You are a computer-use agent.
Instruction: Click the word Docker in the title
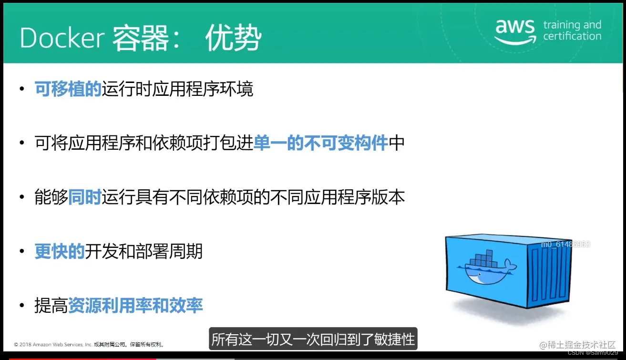point(62,38)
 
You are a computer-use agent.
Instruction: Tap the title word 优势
point(233,38)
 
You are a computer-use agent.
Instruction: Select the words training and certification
point(572,31)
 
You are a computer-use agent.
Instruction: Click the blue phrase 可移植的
point(68,89)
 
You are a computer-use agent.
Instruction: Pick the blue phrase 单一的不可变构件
point(320,143)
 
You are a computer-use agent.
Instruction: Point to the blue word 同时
point(84,197)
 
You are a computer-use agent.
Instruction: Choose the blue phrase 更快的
point(60,251)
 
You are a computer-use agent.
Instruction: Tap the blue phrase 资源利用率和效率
point(135,306)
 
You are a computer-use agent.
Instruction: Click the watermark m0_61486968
point(565,244)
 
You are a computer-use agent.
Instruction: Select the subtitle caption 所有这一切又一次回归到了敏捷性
point(313,339)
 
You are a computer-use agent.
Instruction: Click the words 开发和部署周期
point(144,251)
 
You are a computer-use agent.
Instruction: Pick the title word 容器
point(140,38)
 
